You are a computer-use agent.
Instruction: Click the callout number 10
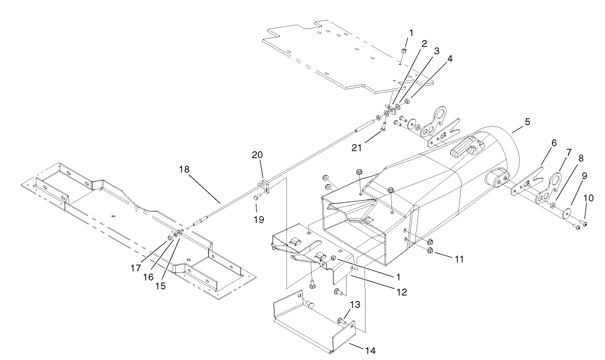[589, 198]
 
